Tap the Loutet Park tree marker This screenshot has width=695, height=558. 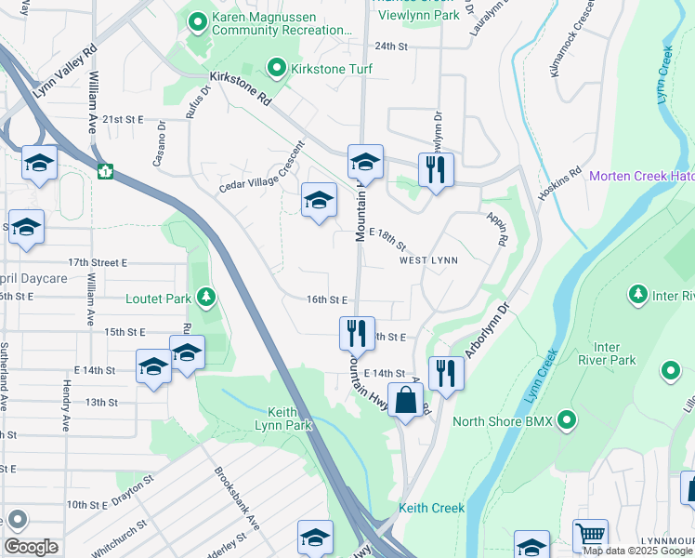coord(206,298)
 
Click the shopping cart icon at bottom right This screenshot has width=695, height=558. coord(590,536)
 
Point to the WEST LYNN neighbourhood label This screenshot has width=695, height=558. coord(428,260)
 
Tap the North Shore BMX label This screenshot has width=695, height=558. coord(503,421)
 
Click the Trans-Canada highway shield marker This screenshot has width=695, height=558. coord(107,171)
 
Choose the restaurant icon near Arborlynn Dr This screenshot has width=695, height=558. coord(446,373)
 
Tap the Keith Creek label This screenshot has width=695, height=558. coord(431,509)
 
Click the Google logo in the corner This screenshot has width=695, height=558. coord(31,547)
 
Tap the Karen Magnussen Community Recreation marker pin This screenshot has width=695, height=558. coord(198,19)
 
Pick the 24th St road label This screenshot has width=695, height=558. coord(392,46)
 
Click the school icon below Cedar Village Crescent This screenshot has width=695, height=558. coord(319,200)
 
